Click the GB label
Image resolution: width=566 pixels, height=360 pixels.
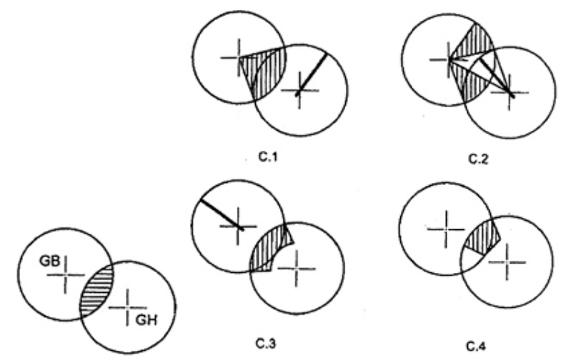pos(50,261)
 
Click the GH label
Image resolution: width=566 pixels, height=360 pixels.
pos(147,320)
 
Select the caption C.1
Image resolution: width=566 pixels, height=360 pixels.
pos(269,157)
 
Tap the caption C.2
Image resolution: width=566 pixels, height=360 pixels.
pos(478,159)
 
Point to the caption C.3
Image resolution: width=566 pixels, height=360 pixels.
pos(266,344)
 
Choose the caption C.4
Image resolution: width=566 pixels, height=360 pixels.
pos(476,346)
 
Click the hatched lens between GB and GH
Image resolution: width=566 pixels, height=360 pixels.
pos(96,291)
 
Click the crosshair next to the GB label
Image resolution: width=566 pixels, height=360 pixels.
pos(66,275)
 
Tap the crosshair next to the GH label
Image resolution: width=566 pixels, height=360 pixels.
pos(128,308)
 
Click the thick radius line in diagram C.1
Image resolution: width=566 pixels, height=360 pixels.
pos(312,75)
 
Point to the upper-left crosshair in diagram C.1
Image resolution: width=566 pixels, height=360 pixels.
pos(239,57)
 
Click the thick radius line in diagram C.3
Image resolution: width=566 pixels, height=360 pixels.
pos(222,214)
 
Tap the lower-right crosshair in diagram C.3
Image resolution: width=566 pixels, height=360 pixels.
pos(297,269)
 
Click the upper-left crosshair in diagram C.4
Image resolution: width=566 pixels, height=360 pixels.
pos(446,229)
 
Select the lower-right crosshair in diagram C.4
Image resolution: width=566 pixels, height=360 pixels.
pos(507,262)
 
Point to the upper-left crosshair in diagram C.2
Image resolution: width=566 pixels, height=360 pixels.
pos(449,59)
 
